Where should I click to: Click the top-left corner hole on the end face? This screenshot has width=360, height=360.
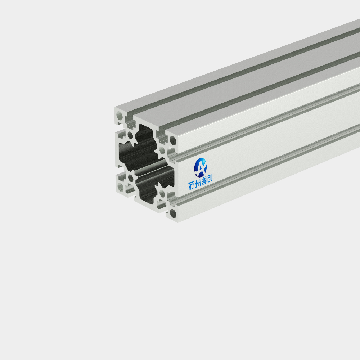tap(120, 116)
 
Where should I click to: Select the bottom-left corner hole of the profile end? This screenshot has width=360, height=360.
tap(120, 187)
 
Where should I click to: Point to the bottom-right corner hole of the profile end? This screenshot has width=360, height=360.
tap(174, 213)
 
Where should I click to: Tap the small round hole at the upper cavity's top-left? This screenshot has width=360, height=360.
tap(130, 135)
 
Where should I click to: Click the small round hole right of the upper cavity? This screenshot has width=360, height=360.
tap(162, 151)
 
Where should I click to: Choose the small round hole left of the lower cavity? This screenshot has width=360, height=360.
tap(131, 178)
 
